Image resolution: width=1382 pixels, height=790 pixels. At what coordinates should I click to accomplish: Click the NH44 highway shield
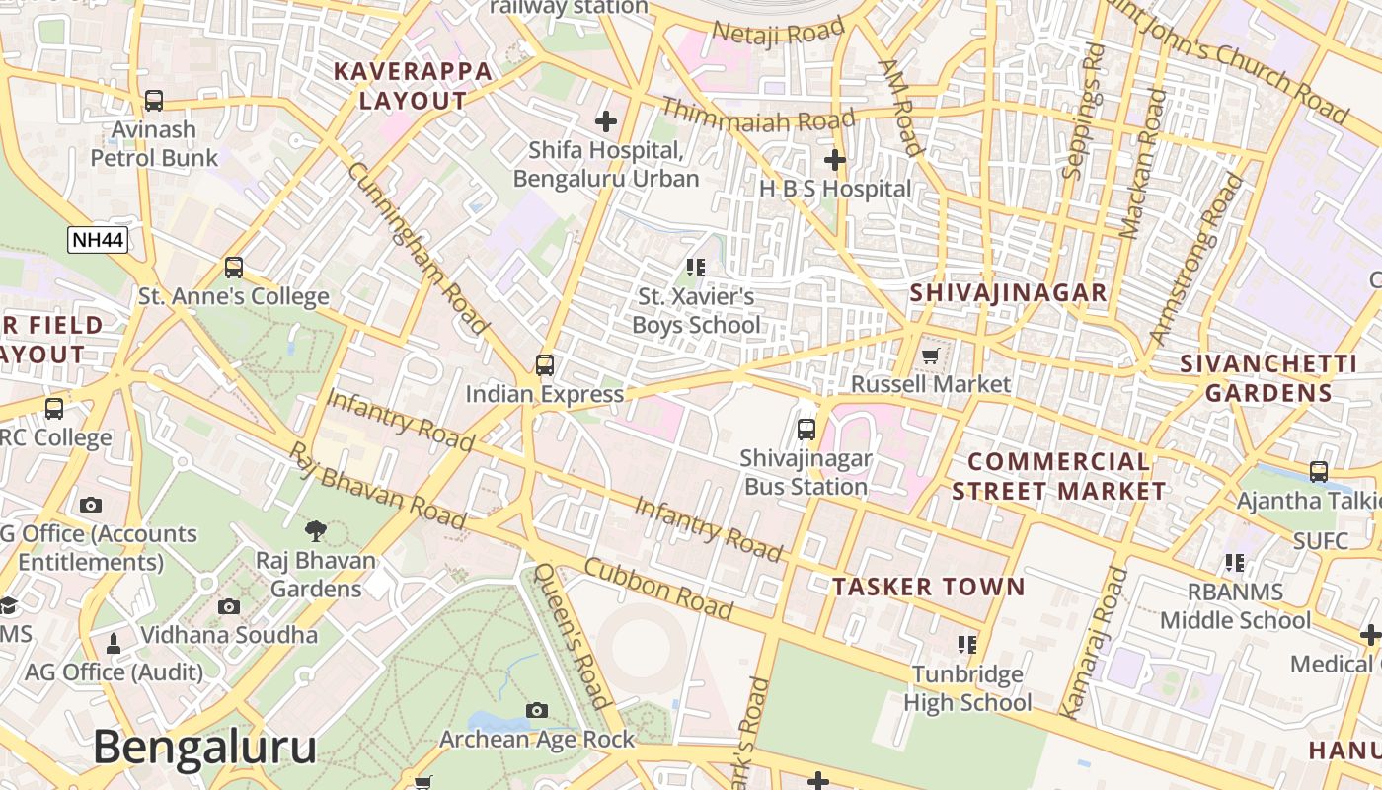[x=98, y=239]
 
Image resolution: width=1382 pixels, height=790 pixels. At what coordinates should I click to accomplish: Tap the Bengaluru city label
[x=205, y=748]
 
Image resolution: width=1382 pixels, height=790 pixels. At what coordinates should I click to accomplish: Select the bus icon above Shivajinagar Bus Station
[x=806, y=429]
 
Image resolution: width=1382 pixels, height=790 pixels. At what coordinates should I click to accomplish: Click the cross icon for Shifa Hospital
[x=605, y=121]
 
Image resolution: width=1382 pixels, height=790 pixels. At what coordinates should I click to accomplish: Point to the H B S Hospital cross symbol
[x=835, y=159]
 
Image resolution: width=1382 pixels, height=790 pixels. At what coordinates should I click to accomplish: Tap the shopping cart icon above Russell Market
[x=931, y=355]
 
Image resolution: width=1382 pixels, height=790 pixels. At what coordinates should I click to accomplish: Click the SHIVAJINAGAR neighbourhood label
[x=1008, y=293]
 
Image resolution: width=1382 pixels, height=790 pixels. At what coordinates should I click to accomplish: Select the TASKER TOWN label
[x=928, y=587]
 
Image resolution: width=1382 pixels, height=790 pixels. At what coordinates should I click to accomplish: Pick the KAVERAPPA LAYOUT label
[x=413, y=86]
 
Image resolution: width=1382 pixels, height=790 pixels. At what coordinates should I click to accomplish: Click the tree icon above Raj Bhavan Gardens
[x=316, y=531]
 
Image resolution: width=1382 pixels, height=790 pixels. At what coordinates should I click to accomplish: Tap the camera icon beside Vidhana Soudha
[x=229, y=606]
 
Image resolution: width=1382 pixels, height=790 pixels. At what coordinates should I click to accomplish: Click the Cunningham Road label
[x=418, y=247]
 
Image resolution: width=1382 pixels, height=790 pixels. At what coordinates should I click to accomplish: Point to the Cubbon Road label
[x=658, y=590]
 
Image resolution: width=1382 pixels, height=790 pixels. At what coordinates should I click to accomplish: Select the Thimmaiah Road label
[x=757, y=114]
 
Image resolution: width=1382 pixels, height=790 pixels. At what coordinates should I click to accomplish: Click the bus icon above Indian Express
[x=545, y=364]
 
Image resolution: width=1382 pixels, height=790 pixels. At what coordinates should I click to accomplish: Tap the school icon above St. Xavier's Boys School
[x=696, y=267]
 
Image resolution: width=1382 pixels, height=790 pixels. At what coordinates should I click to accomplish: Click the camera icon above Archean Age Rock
[x=537, y=710]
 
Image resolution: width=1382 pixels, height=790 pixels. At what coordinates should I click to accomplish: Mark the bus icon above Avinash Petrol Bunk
[x=154, y=100]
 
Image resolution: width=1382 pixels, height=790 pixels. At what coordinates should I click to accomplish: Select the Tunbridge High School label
[x=967, y=688]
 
